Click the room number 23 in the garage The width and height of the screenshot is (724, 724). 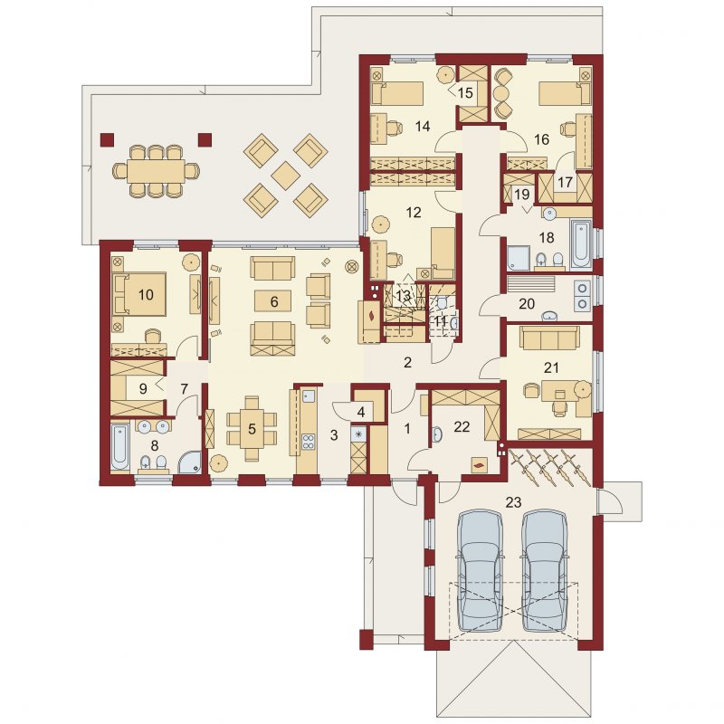click(x=513, y=501)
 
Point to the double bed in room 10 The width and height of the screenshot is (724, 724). click(x=139, y=295)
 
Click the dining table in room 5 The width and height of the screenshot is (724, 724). click(x=252, y=428)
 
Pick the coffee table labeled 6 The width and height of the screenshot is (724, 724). click(x=273, y=301)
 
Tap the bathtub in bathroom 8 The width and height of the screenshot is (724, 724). click(x=120, y=448)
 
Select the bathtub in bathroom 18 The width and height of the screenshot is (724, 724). click(x=581, y=244)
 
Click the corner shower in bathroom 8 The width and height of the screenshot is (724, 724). click(x=190, y=462)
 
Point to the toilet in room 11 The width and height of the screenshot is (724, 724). click(x=442, y=303)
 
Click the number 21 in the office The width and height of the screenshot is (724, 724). click(x=552, y=367)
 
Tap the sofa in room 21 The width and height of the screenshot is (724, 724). click(x=549, y=338)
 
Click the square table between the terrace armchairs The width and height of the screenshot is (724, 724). click(x=286, y=176)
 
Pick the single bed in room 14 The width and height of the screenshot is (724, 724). click(x=397, y=94)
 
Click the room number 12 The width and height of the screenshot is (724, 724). click(x=414, y=213)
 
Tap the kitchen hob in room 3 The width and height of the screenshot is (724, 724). click(x=309, y=442)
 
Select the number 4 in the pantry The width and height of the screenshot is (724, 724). click(x=361, y=412)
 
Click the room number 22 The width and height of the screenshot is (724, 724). click(x=462, y=426)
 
